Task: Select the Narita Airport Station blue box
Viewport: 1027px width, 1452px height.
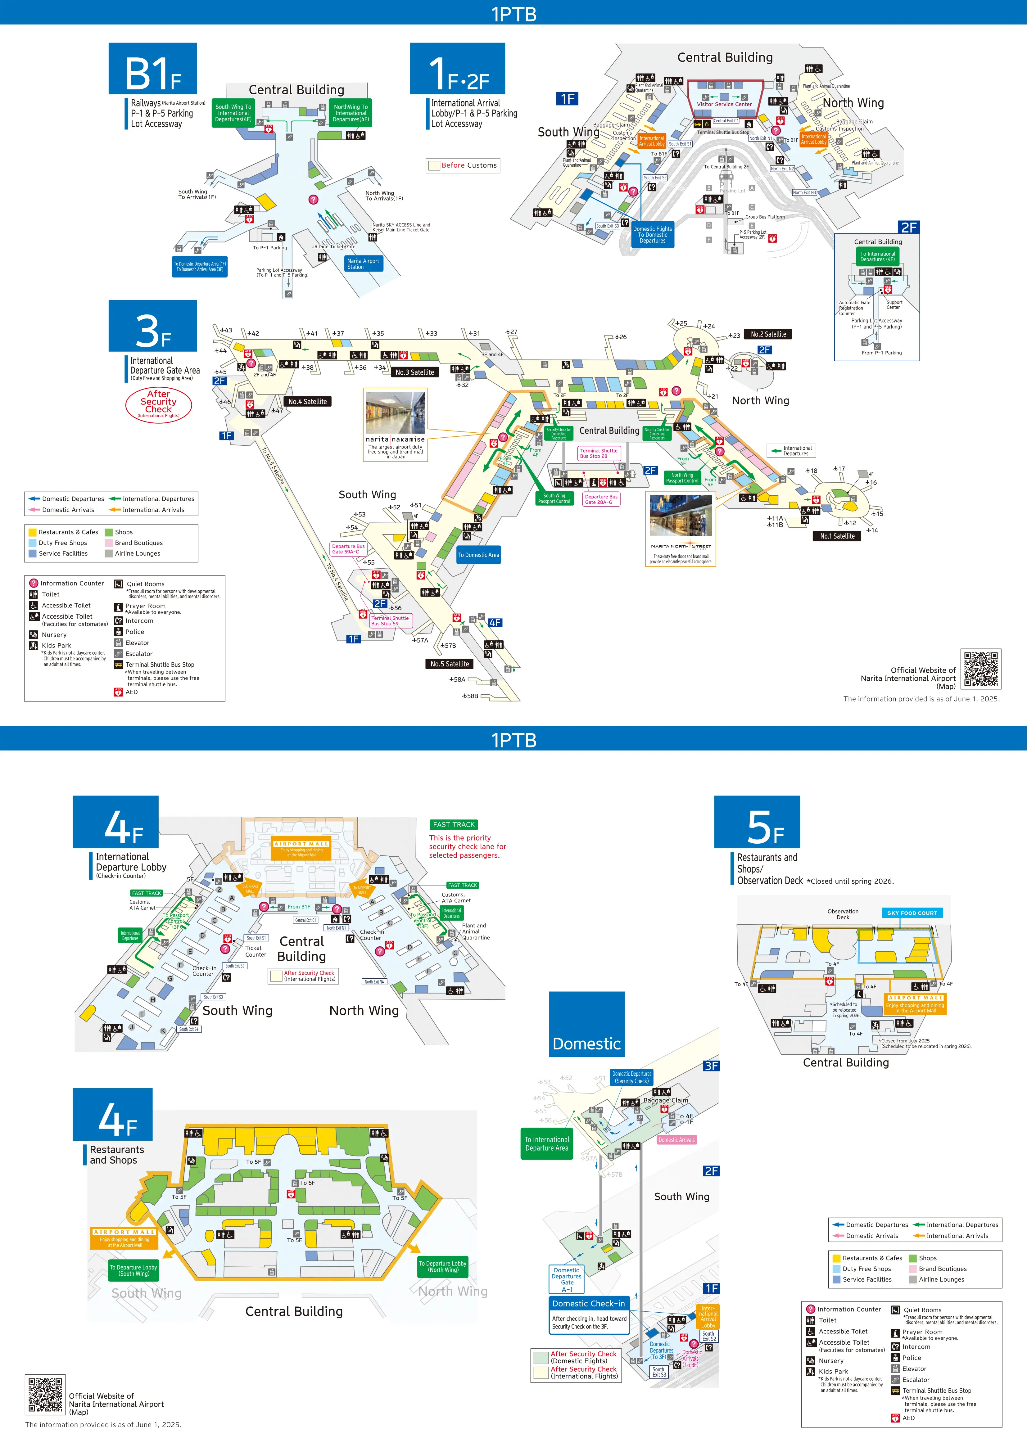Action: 364,264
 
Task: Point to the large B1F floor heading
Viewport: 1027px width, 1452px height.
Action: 152,70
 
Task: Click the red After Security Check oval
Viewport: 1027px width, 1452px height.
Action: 159,404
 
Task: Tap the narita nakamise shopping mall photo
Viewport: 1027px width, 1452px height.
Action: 395,412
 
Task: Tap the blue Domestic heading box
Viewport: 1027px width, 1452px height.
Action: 586,1025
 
